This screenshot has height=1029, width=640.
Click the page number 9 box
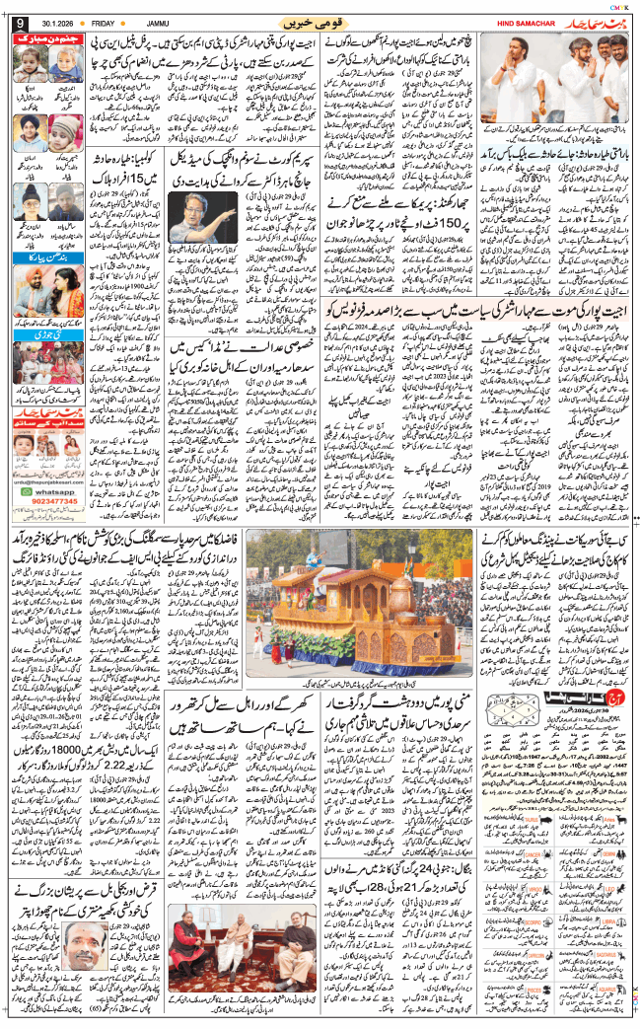coord(19,22)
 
